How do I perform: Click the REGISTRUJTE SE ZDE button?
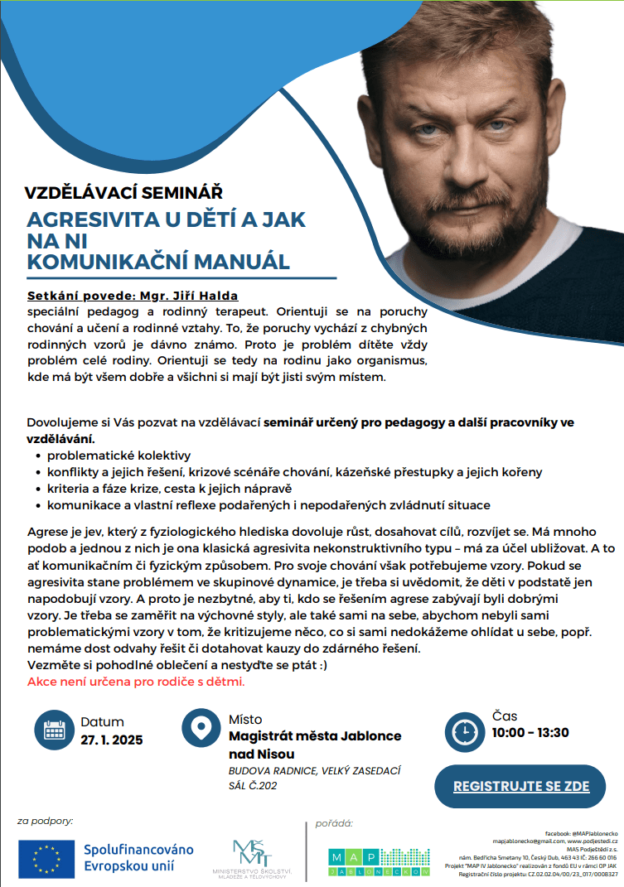520,785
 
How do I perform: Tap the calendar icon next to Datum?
55,730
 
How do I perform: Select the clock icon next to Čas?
466,731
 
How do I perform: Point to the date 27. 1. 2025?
111,740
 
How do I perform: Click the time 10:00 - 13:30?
530,732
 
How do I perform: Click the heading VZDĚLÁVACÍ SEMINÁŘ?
123,193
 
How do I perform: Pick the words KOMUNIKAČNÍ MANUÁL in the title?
158,262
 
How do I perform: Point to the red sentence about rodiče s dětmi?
136,682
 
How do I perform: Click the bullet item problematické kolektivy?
119,456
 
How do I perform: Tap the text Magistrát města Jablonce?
315,736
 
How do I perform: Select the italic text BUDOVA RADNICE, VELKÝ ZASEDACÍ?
314,770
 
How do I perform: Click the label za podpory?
46,822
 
